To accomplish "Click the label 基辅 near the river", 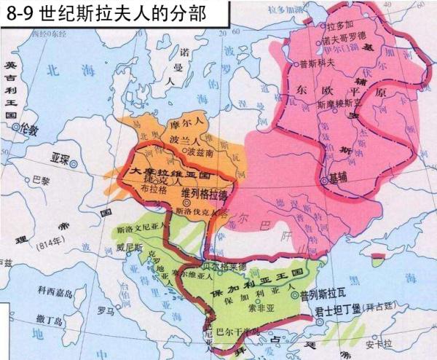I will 337,178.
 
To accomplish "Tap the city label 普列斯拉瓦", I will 323,295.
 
